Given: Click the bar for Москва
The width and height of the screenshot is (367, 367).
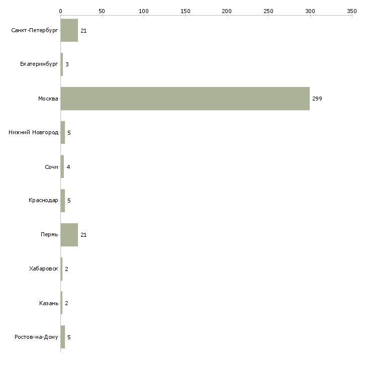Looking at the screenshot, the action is (x=185, y=99).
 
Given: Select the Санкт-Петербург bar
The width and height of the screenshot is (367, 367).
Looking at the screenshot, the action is (x=69, y=30).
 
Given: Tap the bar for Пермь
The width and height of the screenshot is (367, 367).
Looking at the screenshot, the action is (x=69, y=235).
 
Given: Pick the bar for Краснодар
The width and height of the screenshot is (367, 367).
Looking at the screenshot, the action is (x=63, y=201).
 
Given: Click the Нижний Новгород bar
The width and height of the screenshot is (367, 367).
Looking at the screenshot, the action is (x=63, y=133).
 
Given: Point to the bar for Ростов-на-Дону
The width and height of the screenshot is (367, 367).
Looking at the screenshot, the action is (x=63, y=337).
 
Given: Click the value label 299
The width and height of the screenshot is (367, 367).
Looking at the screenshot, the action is (x=317, y=99).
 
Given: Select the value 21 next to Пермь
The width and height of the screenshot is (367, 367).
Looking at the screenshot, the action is (x=83, y=235).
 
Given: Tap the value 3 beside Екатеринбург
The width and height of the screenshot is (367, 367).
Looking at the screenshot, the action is (x=67, y=64).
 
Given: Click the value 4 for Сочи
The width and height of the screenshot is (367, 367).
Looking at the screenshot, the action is (x=68, y=167).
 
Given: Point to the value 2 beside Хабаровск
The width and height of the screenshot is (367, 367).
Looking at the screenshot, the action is (x=67, y=269).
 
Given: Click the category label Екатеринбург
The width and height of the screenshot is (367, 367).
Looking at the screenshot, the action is (x=39, y=64).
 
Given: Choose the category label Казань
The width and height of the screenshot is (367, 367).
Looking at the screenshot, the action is (x=49, y=303).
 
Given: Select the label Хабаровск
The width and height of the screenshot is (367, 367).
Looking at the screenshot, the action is (x=44, y=268).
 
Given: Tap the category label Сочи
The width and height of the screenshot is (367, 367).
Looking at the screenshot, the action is (x=51, y=167).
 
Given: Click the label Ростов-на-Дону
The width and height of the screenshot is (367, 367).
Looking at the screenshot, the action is (x=36, y=337).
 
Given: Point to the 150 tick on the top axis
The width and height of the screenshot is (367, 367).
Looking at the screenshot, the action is (x=186, y=11).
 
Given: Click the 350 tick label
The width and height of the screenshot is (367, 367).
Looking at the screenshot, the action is (x=352, y=11).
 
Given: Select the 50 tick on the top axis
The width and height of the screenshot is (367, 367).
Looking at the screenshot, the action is (x=102, y=11).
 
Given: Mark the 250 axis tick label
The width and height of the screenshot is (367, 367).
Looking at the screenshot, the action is (x=268, y=11).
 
